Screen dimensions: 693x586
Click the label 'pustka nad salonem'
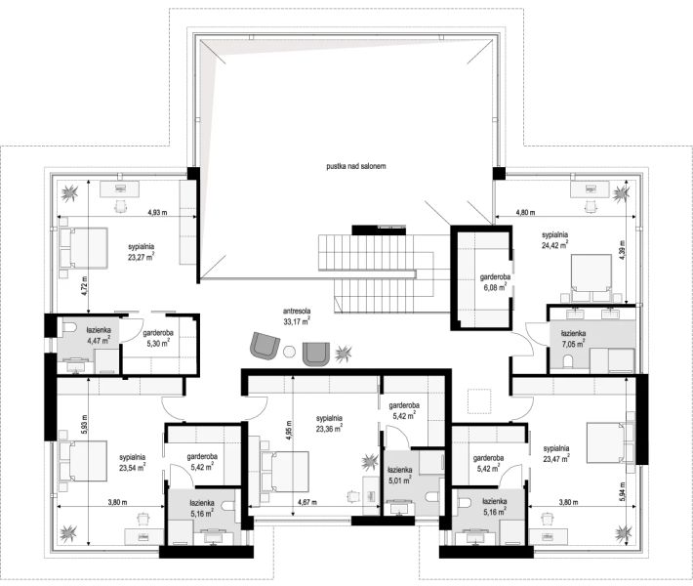(x=356, y=166)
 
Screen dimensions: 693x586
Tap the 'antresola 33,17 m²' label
(x=297, y=316)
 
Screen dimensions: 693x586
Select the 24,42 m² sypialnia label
(x=554, y=239)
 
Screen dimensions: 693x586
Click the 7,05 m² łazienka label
(x=573, y=338)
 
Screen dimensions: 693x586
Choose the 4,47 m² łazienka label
(x=99, y=335)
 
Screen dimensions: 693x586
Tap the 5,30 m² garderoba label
(x=158, y=338)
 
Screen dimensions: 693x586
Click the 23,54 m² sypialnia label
(x=132, y=462)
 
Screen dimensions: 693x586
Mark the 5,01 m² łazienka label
(x=400, y=475)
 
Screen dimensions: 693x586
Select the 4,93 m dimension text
(x=157, y=212)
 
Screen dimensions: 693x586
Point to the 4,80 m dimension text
(x=525, y=212)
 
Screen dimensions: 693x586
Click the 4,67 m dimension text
(x=308, y=502)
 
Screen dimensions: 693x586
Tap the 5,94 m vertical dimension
(x=623, y=491)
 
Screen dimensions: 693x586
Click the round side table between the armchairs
(x=290, y=352)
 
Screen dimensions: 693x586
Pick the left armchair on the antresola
(x=265, y=346)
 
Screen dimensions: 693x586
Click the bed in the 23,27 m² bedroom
(x=83, y=247)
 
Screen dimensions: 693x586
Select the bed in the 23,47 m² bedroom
(x=610, y=442)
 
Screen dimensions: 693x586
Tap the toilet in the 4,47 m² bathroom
(x=69, y=327)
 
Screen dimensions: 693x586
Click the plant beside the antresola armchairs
(x=343, y=354)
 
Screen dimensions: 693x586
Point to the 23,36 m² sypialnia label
(x=329, y=423)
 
